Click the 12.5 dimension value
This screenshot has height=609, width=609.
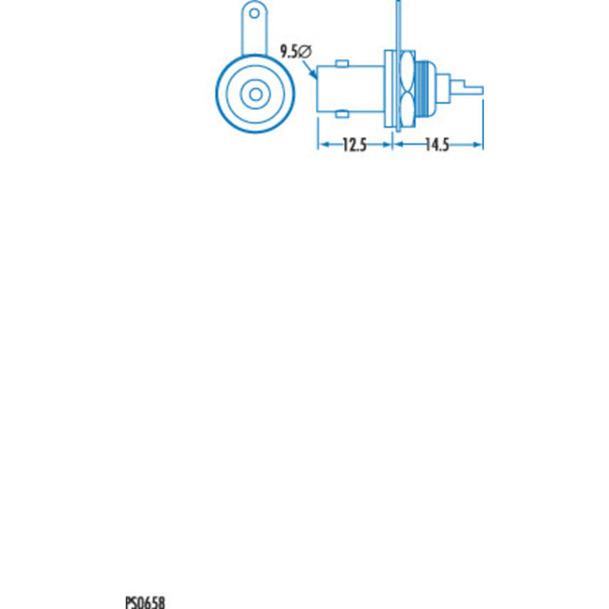point(353,146)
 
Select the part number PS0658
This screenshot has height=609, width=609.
point(145,601)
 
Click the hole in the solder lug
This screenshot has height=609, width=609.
point(254,14)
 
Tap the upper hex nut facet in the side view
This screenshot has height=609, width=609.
point(405,71)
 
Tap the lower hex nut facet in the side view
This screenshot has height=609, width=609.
point(405,106)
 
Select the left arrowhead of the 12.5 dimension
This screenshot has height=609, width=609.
point(320,145)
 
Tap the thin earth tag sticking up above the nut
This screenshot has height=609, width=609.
point(397,26)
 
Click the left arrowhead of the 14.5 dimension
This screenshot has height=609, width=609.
point(399,145)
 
